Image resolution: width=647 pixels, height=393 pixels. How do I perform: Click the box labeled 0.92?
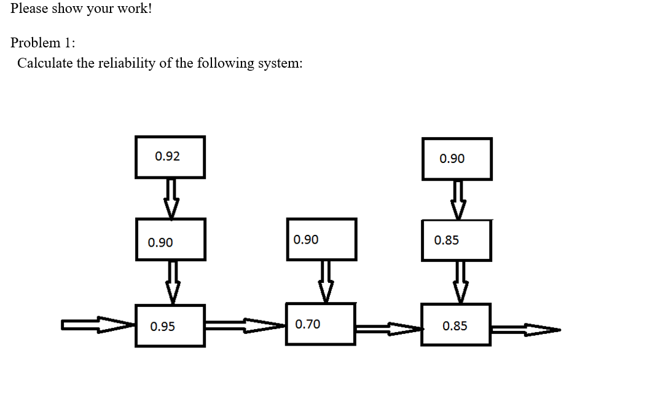click(x=170, y=157)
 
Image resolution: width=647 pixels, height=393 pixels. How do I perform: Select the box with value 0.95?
click(x=170, y=326)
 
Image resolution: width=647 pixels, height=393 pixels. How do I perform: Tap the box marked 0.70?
click(x=320, y=324)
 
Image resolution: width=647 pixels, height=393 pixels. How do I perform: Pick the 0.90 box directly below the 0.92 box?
click(x=170, y=240)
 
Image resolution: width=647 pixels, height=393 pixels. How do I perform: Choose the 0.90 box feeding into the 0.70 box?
click(x=321, y=239)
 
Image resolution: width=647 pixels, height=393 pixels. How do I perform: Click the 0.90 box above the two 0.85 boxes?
click(x=457, y=159)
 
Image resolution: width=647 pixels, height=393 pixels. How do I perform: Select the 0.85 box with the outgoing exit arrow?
click(x=455, y=325)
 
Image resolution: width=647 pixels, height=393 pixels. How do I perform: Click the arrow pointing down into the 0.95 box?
click(x=173, y=282)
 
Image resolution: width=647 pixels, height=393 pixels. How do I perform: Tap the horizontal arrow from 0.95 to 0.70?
click(x=245, y=325)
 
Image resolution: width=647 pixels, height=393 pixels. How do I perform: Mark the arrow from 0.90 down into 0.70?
click(x=325, y=281)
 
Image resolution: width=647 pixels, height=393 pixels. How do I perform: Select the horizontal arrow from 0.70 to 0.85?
click(x=388, y=330)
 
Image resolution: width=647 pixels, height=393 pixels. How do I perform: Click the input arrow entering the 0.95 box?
click(x=98, y=324)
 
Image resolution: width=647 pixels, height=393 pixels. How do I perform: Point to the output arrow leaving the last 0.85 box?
click(x=525, y=330)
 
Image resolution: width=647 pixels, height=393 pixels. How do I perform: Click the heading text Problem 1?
click(x=44, y=42)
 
